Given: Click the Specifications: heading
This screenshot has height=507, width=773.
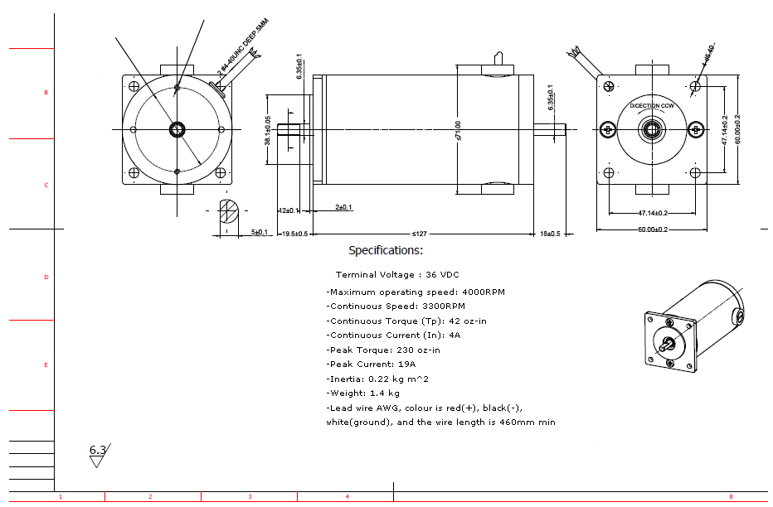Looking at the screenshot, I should [x=386, y=250].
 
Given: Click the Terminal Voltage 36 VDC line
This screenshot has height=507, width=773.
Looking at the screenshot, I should [x=397, y=274].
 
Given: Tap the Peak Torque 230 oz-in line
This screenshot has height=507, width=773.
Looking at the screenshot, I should [x=383, y=350].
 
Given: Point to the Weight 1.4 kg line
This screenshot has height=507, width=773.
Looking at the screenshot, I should [x=363, y=394].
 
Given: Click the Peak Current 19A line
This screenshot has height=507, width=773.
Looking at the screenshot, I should [x=372, y=365].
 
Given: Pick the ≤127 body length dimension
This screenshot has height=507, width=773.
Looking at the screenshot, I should [x=421, y=234].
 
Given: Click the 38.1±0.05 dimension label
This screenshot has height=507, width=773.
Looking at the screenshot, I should [x=267, y=131].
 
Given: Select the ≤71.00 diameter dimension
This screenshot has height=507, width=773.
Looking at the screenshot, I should [x=458, y=131].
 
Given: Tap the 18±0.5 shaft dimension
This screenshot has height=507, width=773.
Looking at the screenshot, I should [x=550, y=234].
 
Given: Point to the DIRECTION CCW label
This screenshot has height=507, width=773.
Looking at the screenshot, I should [x=652, y=106].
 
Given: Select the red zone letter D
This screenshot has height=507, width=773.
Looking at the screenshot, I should [x=46, y=278].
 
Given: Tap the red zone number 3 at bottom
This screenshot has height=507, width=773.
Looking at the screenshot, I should [x=250, y=497].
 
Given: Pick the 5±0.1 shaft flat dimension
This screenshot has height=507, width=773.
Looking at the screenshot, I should [x=259, y=233].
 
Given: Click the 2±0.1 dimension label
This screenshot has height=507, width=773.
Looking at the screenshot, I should [x=343, y=207].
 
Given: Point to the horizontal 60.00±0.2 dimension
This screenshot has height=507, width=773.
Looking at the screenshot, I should [x=652, y=229].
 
